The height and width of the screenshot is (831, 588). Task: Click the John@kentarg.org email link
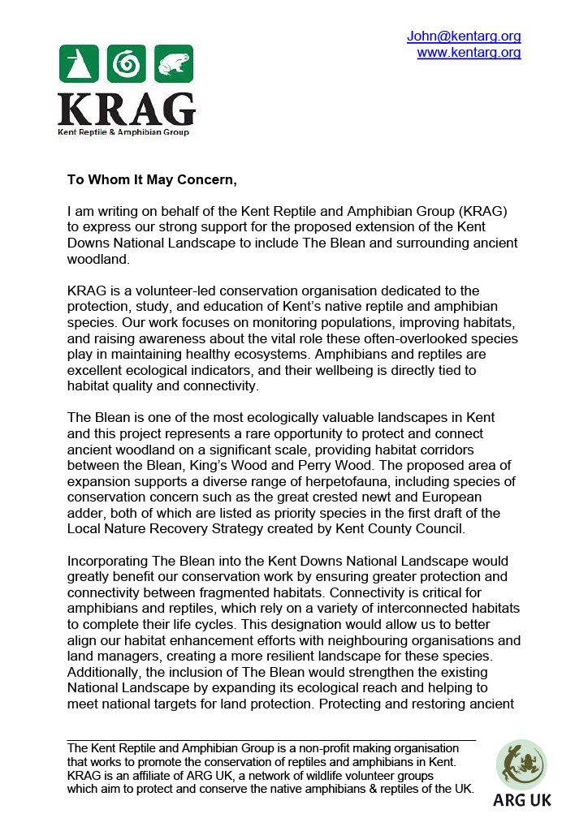coord(464,37)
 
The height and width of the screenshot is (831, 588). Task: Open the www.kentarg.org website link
coord(469,53)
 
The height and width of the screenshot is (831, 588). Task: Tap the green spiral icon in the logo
coord(126,63)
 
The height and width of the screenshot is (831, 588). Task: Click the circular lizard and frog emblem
coord(521,764)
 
